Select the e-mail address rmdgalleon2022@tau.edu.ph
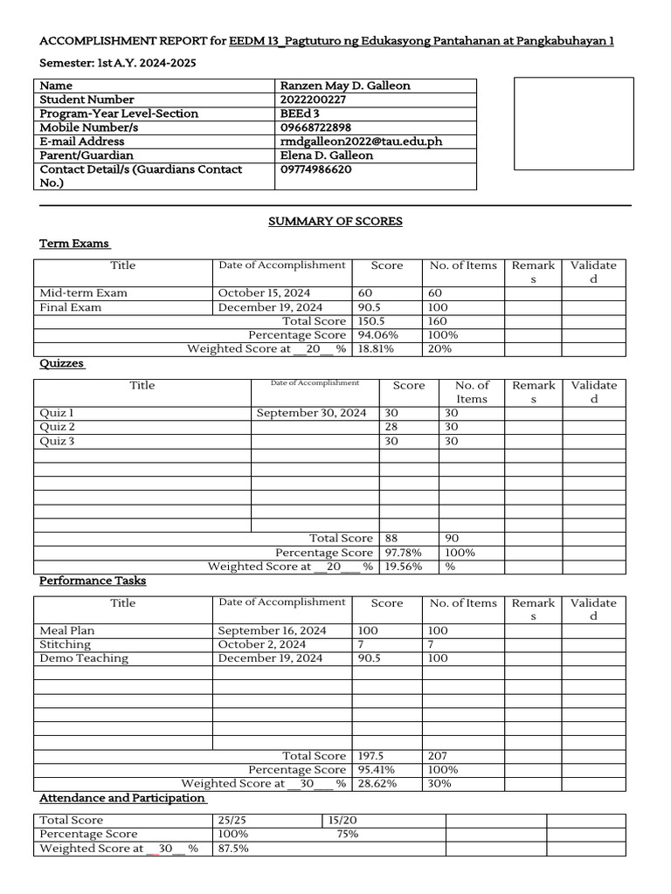click(x=354, y=141)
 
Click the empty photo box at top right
click(x=573, y=123)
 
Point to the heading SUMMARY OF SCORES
click(x=335, y=222)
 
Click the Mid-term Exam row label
click(x=83, y=293)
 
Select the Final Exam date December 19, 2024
click(x=270, y=307)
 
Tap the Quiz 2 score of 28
click(x=391, y=427)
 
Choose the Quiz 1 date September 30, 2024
click(x=311, y=413)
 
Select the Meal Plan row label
click(x=67, y=630)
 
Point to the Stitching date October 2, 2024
click(x=261, y=644)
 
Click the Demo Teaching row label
click(x=84, y=658)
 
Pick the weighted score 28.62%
click(x=377, y=784)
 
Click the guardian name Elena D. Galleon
click(x=326, y=155)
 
